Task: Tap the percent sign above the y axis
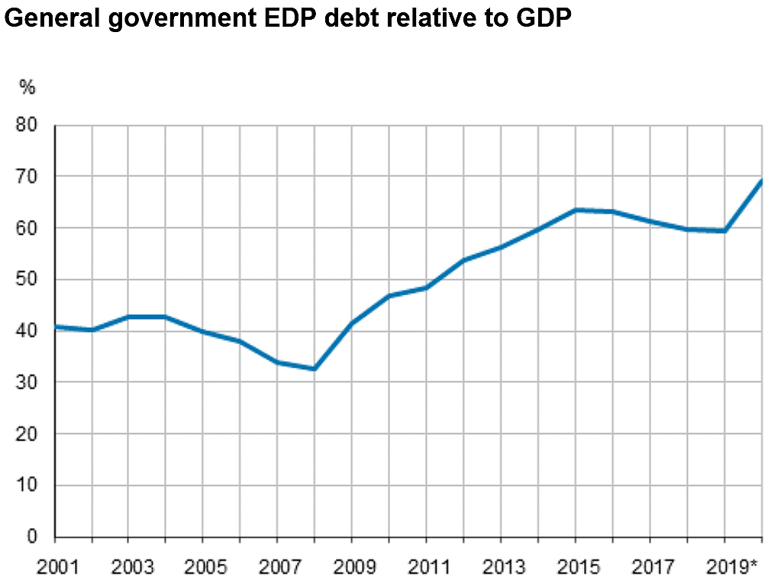pyautogui.click(x=27, y=88)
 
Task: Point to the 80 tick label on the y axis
pyautogui.click(x=27, y=125)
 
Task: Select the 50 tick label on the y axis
pyautogui.click(x=27, y=280)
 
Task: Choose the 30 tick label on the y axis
pyautogui.click(x=27, y=383)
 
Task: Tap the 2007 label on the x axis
pyautogui.click(x=278, y=567)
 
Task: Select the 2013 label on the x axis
pyautogui.click(x=501, y=567)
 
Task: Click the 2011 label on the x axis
pyautogui.click(x=427, y=567)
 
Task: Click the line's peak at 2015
pyautogui.click(x=575, y=210)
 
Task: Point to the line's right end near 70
pyautogui.click(x=761, y=181)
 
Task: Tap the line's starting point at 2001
pyautogui.click(x=56, y=327)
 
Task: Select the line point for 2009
pyautogui.click(x=352, y=323)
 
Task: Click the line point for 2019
pyautogui.click(x=724, y=230)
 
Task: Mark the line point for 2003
pyautogui.click(x=129, y=317)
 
